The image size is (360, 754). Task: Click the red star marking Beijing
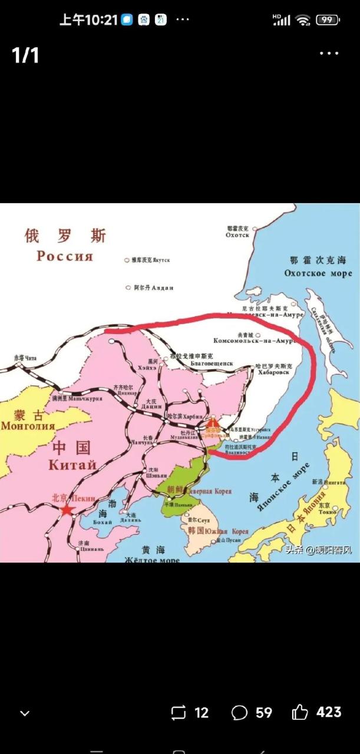pos(67,509)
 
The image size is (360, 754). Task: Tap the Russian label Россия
pos(65,256)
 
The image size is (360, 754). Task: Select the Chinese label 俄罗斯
pos(65,236)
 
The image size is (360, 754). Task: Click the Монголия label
pos(28,426)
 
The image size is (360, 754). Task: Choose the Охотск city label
pos(237,234)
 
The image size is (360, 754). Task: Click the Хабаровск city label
pos(272,373)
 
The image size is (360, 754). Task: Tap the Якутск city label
pos(161,259)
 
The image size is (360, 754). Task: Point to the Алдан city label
pos(162,288)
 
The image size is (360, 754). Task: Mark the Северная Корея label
pos(209,491)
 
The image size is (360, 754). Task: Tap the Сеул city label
pos(204,521)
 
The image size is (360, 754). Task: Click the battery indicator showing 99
pos(328,19)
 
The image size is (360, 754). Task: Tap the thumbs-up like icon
pos(300,713)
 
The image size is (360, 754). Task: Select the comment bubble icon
pos(239,713)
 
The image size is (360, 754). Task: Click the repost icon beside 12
pos(178,713)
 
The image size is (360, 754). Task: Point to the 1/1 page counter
pos(25,55)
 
